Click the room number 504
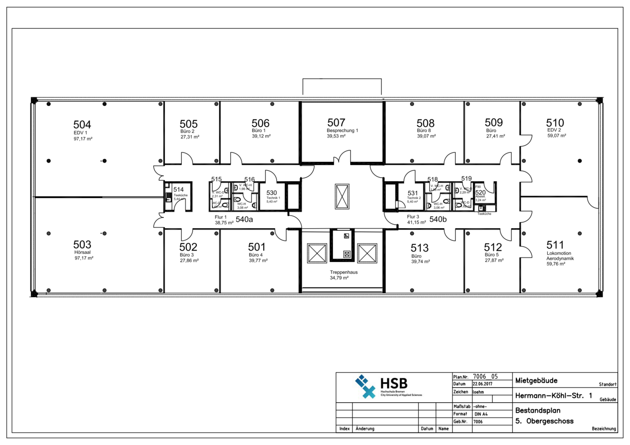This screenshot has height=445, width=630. pos(82,124)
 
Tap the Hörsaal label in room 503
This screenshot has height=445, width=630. pos(83,252)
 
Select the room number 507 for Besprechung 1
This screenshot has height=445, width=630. pos(336,123)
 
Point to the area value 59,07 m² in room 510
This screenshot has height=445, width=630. pos(556,136)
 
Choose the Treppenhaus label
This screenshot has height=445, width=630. pos(343,272)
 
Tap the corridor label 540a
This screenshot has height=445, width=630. pos(244,220)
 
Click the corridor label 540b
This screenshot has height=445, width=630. pos(438,220)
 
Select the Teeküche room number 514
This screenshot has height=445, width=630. pos(179,190)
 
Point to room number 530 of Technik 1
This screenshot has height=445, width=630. pos(272,193)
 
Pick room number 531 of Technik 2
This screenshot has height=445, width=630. pos(412,193)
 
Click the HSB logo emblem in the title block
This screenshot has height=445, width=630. pos(365,386)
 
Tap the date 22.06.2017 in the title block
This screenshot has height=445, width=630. pos(482,384)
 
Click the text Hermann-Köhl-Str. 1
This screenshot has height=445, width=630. pos(553,396)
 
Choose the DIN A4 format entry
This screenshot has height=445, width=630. pos(481,414)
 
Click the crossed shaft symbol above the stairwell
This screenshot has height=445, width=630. pos(342,196)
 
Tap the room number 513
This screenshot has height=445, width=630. pos(420,248)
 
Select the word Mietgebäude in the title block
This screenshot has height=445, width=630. pos(536,381)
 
